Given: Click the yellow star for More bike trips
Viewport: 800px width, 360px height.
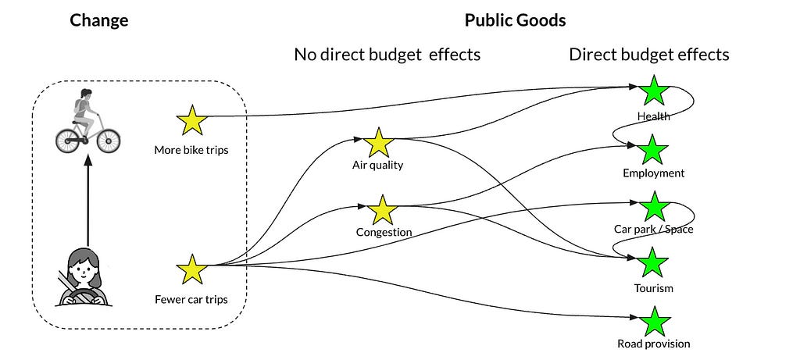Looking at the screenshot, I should pyautogui.click(x=192, y=121).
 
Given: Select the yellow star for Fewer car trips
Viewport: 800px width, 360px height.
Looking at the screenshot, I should pyautogui.click(x=192, y=270).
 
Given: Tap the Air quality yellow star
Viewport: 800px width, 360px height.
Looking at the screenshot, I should pyautogui.click(x=378, y=144).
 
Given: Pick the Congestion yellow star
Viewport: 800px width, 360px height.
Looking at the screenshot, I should pyautogui.click(x=383, y=211).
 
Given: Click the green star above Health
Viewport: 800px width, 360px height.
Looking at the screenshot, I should pyautogui.click(x=653, y=91).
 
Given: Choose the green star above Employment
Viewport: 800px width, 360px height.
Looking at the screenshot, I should pyautogui.click(x=653, y=148).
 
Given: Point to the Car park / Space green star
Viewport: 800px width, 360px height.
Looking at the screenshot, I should pyautogui.click(x=653, y=206).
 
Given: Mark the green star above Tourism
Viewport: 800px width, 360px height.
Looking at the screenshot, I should pyautogui.click(x=653, y=263).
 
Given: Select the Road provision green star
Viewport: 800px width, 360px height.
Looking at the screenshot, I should pyautogui.click(x=655, y=320).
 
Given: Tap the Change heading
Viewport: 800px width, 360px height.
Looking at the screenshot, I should pyautogui.click(x=99, y=21).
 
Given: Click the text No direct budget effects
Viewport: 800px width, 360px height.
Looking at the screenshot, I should pyautogui.click(x=387, y=55).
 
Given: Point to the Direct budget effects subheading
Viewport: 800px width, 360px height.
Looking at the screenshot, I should pyautogui.click(x=648, y=55).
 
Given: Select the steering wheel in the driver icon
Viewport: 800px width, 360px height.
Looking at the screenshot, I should pyautogui.click(x=82, y=296).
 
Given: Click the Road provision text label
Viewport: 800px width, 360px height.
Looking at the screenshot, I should pyautogui.click(x=654, y=344).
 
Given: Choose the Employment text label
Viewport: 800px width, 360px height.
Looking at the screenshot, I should pyautogui.click(x=653, y=173).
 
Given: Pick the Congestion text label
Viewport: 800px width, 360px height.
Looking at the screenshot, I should pyautogui.click(x=384, y=233).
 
